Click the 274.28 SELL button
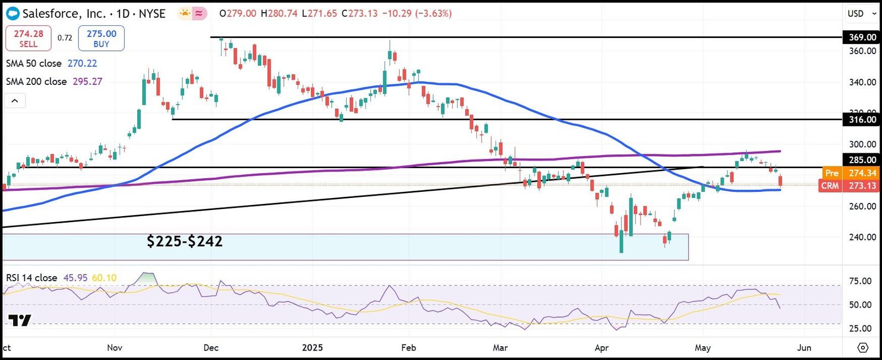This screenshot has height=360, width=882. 28,38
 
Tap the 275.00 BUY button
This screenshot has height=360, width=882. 101,38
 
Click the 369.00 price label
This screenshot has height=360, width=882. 862,37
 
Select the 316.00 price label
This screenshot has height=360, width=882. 862,120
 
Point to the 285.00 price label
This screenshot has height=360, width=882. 862,160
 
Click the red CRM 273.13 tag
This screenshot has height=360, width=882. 849,186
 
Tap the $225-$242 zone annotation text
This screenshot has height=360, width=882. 185,241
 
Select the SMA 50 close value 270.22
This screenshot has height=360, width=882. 82,63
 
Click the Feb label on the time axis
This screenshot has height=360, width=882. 408,348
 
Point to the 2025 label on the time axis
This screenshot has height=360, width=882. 313,348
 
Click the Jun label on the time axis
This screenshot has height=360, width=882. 804,348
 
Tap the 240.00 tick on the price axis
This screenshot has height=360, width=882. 862,237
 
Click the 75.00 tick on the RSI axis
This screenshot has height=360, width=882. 860,281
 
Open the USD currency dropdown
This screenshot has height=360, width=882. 862,13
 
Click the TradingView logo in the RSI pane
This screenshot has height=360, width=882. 20,320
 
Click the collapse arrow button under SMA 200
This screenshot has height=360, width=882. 15,101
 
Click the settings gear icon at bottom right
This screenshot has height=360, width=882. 863,348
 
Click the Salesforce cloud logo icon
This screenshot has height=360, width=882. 12,13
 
